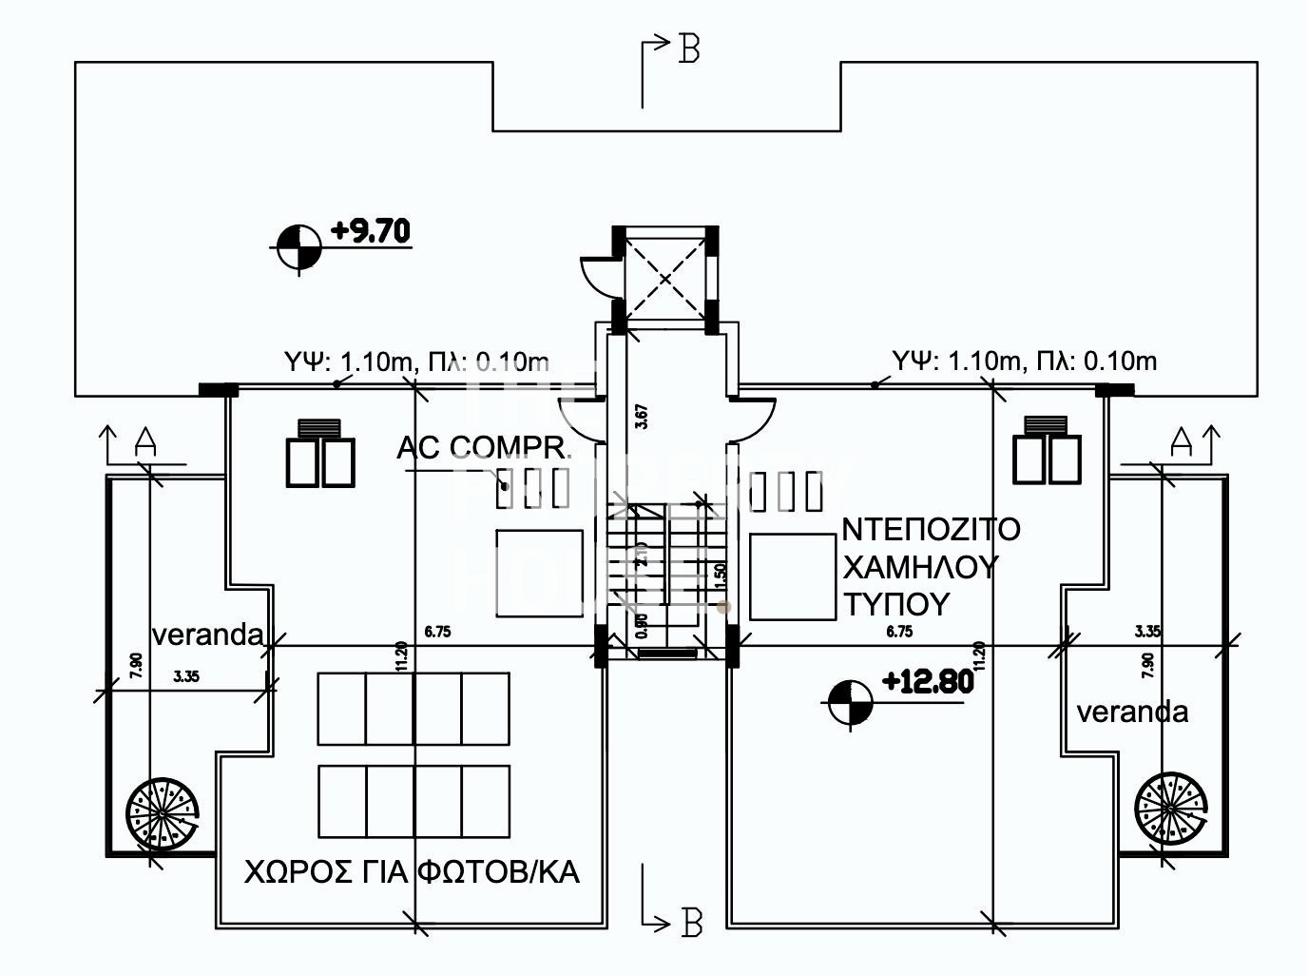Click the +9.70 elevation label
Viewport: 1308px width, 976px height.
[x=371, y=231]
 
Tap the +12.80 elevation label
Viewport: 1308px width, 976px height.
[x=928, y=682]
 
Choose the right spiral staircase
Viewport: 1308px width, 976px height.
[x=1171, y=807]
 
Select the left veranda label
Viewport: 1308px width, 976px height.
[x=207, y=634]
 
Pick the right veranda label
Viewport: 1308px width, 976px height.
[x=1131, y=712]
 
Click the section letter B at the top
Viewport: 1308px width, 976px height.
[x=689, y=49]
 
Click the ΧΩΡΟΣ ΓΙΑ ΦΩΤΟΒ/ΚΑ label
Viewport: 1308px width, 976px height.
[x=412, y=872]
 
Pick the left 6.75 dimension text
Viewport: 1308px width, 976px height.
[x=438, y=632]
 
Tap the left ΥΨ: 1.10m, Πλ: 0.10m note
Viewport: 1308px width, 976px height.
[x=416, y=361]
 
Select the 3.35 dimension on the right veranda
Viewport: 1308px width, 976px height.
[x=1149, y=631]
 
